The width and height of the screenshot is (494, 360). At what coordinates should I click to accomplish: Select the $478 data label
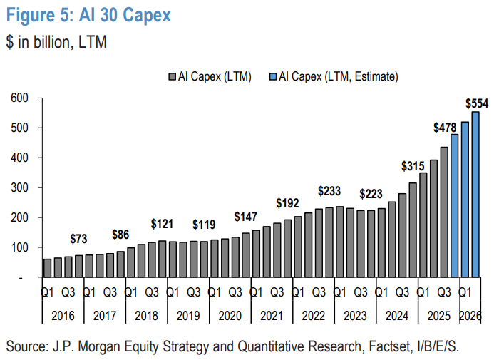pos(446,128)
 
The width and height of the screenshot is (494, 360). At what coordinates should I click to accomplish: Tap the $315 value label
pos(413,167)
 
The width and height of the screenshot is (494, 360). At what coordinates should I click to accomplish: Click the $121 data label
pos(163,224)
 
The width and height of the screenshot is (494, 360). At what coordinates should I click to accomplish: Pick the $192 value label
pos(288,203)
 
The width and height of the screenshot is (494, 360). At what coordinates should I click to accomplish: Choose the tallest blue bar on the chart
pos(475,194)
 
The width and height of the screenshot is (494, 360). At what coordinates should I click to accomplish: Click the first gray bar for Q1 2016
pos(48,267)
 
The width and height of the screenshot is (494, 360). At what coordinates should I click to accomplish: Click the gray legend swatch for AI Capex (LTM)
pos(171,76)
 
